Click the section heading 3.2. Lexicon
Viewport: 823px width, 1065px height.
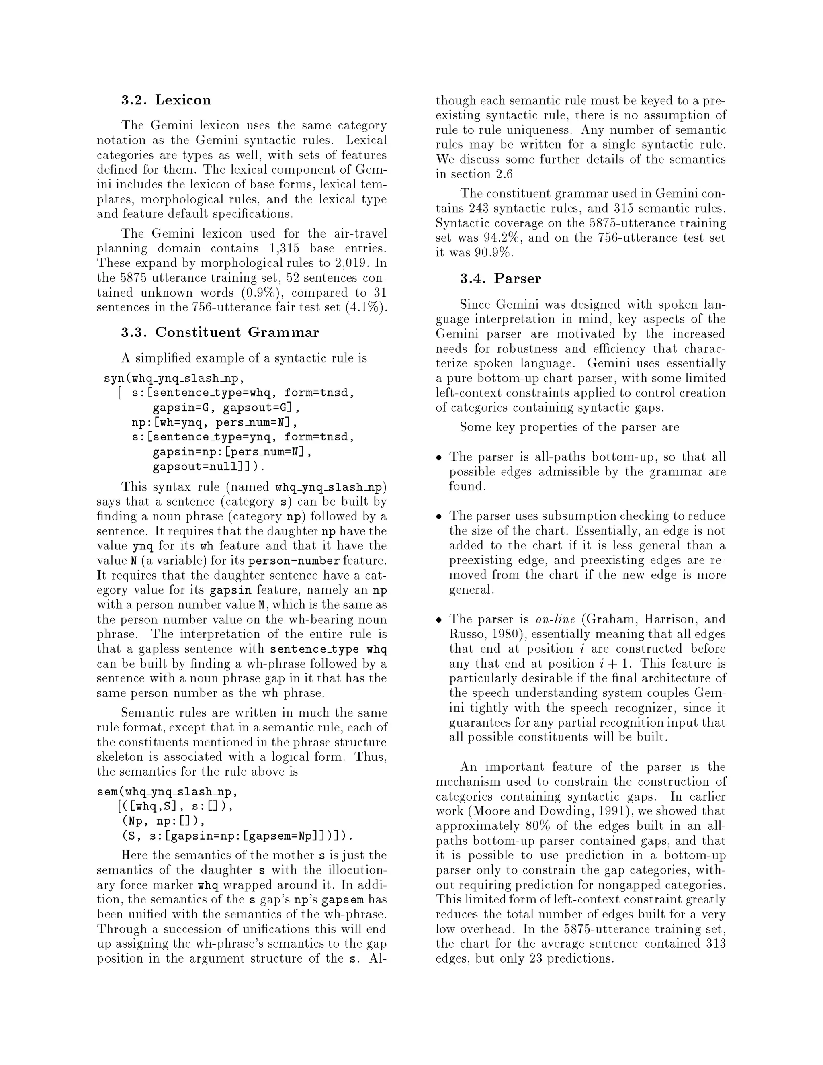(x=166, y=100)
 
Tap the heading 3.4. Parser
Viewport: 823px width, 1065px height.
(x=500, y=279)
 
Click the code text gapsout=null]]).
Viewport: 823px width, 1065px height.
(x=209, y=466)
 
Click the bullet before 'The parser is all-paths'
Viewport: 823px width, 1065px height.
(x=439, y=457)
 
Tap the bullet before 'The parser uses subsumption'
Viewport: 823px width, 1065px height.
(x=439, y=516)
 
